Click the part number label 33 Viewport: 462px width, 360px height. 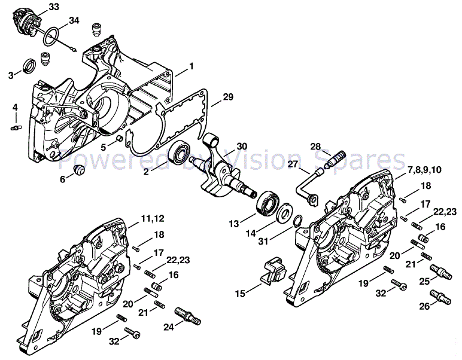click(54, 7)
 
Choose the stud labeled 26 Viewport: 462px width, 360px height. click(442, 296)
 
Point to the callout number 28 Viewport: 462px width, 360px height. click(315, 147)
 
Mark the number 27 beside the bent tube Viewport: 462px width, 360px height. click(293, 163)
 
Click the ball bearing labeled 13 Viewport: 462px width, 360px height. click(262, 202)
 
